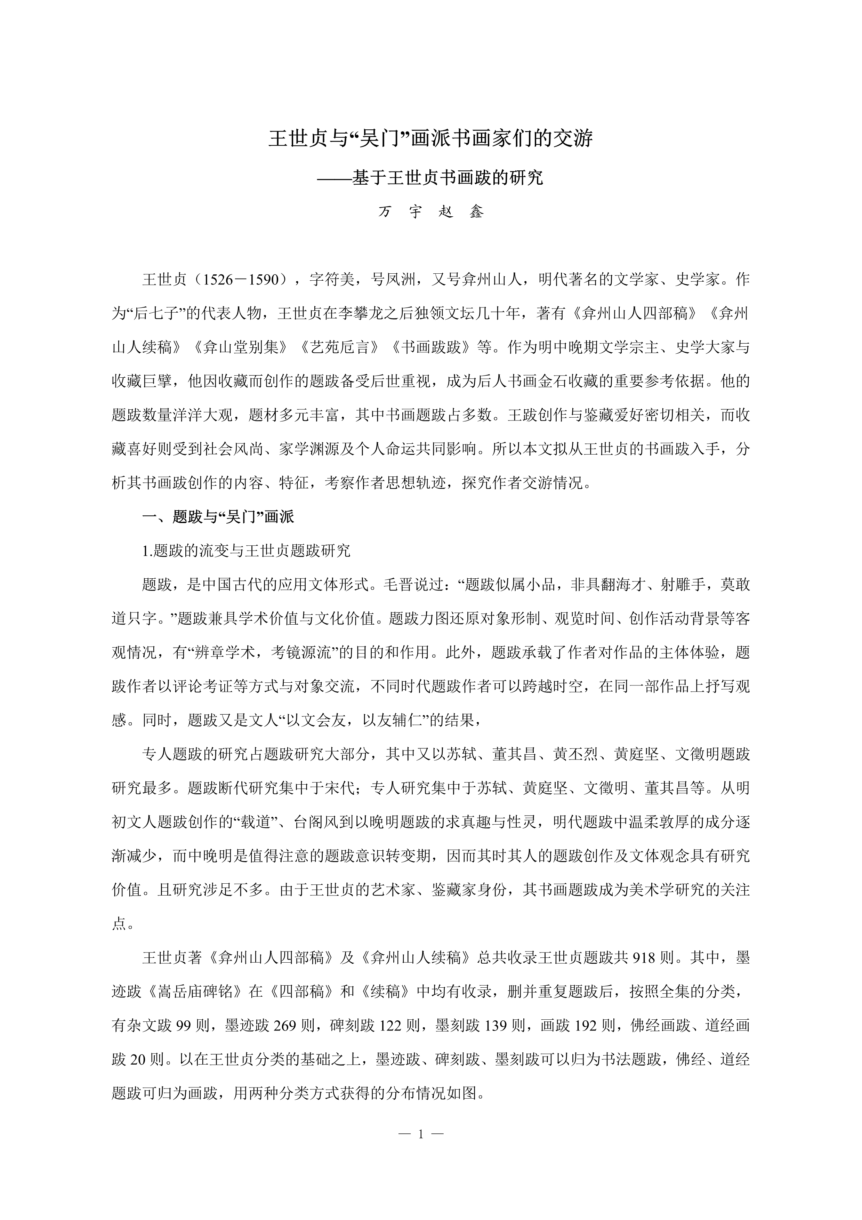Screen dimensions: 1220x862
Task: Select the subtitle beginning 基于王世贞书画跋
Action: (431, 177)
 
